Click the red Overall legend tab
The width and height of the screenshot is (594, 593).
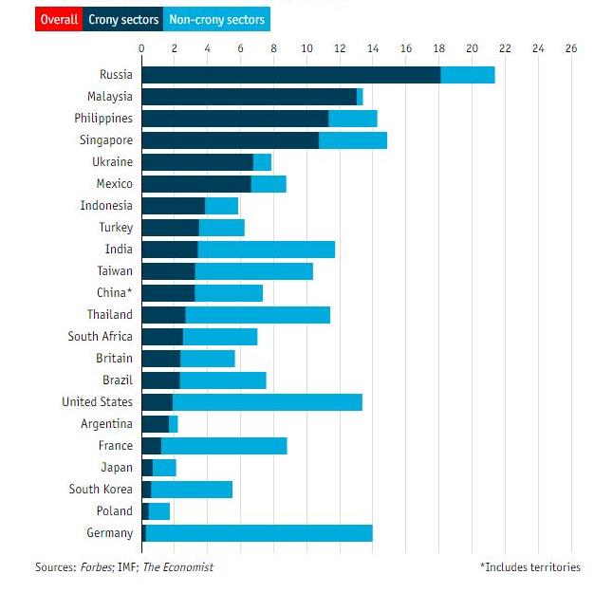(x=59, y=19)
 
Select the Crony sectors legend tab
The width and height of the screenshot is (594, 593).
(x=122, y=19)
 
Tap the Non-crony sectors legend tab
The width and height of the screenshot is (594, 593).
(x=217, y=19)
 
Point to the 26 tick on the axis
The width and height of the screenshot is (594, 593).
(x=570, y=48)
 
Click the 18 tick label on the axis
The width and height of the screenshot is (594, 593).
(x=438, y=48)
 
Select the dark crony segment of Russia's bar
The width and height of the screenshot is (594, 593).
(x=290, y=75)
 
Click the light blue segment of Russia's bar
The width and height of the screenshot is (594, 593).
(x=468, y=75)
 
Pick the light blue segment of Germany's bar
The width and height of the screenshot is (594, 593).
(x=259, y=533)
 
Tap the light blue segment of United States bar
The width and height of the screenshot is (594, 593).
(x=268, y=402)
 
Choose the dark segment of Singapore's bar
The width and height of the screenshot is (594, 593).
(x=230, y=140)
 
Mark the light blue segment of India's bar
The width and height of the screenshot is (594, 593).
(x=267, y=250)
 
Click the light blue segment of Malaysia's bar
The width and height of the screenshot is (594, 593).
(x=360, y=97)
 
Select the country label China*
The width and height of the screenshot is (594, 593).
(x=115, y=292)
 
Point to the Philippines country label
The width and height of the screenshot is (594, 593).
(x=103, y=119)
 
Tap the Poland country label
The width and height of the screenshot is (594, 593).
(x=114, y=511)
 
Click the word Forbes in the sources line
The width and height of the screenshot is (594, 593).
(x=91, y=567)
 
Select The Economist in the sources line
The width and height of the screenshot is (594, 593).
(x=177, y=567)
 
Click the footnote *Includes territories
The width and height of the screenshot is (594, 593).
(x=530, y=567)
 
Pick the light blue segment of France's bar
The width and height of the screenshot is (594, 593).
(x=224, y=446)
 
